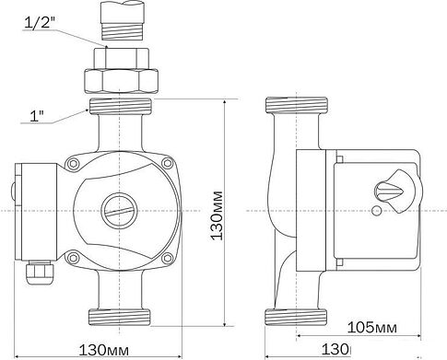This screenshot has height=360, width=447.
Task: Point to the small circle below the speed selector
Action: click(376, 215)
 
